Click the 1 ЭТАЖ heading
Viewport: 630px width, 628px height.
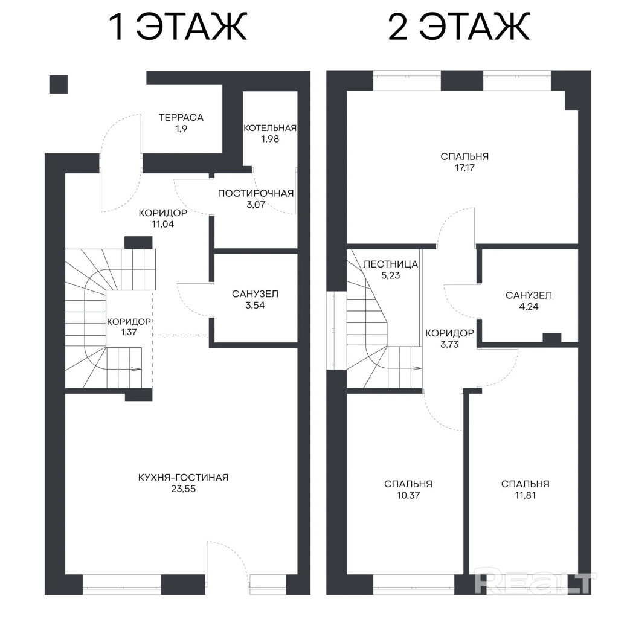point(178,27)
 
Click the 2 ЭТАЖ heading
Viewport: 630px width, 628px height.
point(459,27)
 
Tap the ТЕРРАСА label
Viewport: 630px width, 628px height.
point(181,118)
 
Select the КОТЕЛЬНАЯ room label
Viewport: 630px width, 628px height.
point(270,128)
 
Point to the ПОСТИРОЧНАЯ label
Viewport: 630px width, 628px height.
point(256,194)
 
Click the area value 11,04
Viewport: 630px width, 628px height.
point(163,225)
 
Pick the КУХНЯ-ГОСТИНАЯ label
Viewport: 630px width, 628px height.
point(183,478)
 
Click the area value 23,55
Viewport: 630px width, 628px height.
point(183,489)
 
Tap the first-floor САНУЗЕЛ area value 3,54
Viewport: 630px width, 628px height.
point(255,306)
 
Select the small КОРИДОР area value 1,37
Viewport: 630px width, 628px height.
point(129,332)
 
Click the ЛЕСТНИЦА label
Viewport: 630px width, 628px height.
point(391,264)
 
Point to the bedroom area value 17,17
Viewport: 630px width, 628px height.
point(465,168)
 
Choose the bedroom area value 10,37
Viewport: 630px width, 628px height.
point(408,495)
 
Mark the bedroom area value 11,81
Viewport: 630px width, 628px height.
point(525,495)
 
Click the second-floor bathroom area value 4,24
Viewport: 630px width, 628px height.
point(529,307)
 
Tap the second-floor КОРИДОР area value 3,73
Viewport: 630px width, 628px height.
point(449,344)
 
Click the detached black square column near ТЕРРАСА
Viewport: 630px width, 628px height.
point(58,85)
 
